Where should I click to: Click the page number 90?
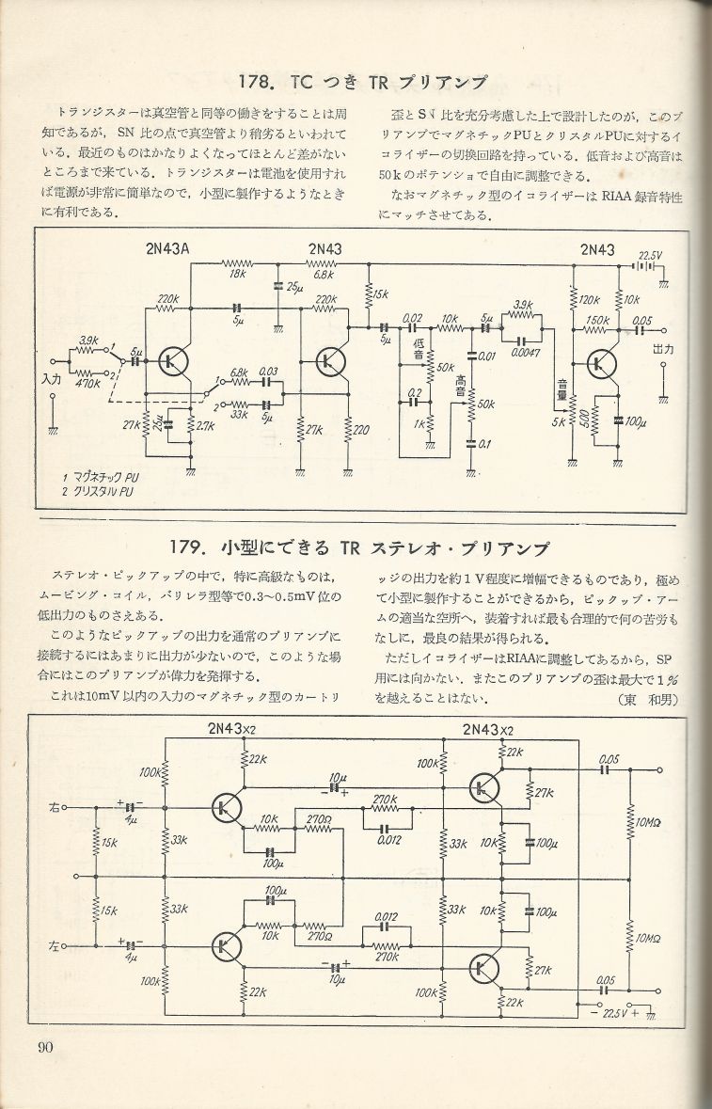[47, 1048]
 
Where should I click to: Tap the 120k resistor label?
[591, 300]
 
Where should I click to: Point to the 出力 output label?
[664, 349]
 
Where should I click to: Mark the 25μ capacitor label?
[294, 285]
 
